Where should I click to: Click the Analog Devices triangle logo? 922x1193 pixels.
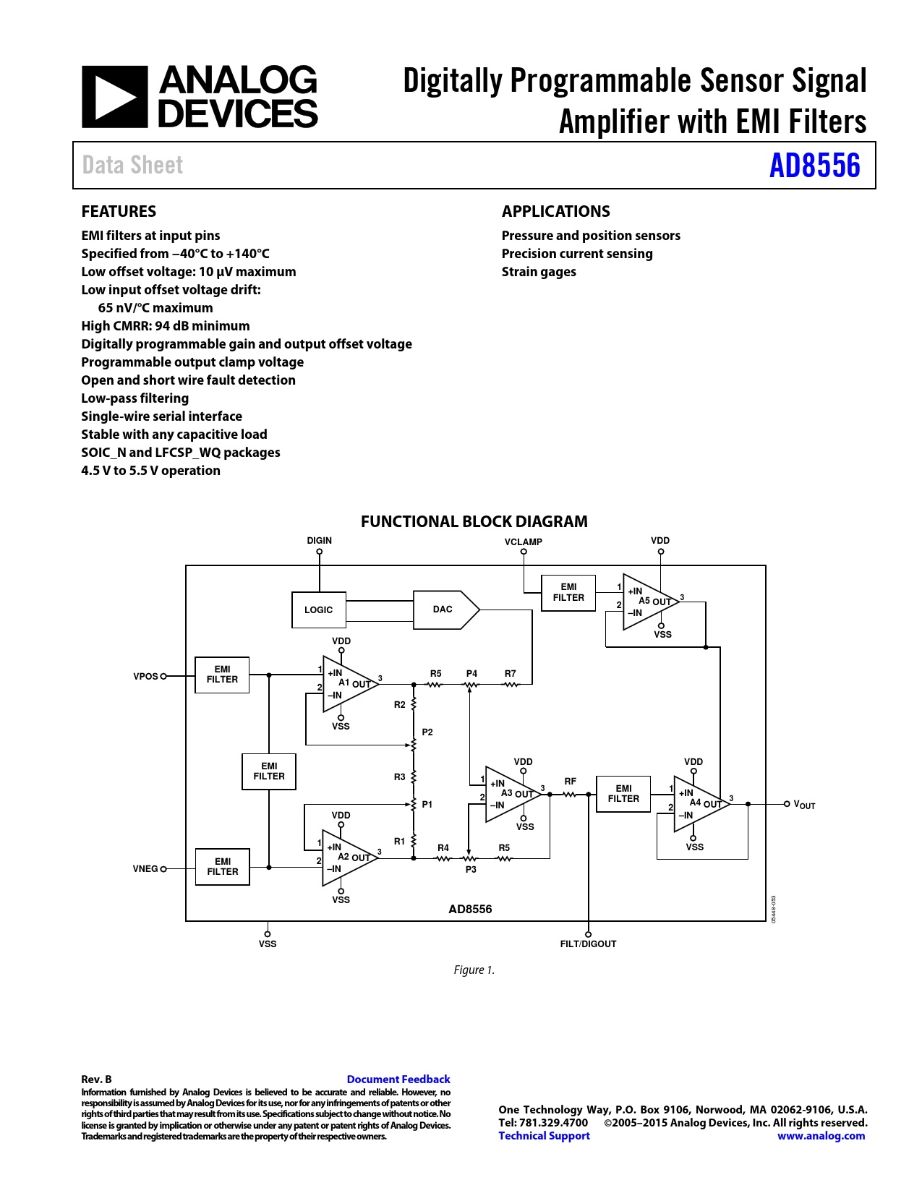114,97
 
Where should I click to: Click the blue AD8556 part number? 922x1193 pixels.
814,166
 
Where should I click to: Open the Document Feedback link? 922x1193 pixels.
398,1079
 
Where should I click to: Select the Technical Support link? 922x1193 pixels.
544,1136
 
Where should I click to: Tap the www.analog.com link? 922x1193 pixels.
821,1136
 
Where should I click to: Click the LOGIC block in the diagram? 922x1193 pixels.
318,610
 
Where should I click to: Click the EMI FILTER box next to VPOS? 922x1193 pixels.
222,675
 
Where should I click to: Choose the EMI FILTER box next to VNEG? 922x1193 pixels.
223,866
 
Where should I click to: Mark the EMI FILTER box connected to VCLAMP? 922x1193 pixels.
568,592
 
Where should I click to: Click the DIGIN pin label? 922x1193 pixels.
319,541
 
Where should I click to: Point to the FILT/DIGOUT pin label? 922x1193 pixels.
588,944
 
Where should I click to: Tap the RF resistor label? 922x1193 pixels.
571,782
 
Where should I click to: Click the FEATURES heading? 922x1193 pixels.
119,211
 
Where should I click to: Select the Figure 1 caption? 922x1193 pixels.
474,970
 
